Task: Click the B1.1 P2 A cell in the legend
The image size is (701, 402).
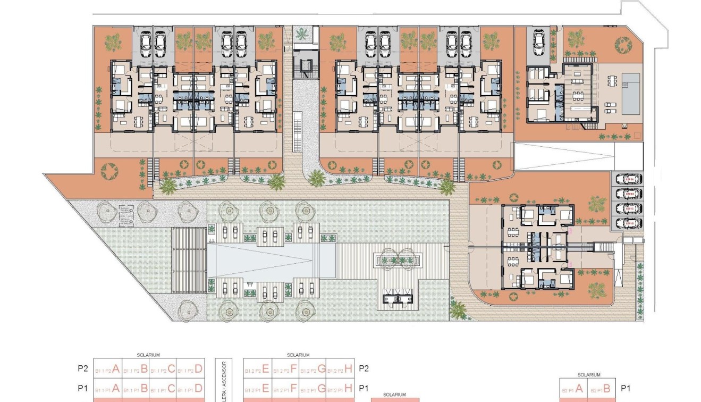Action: click(x=107, y=368)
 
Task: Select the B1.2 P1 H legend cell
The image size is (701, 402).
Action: click(x=340, y=388)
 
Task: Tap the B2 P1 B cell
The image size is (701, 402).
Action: click(x=602, y=388)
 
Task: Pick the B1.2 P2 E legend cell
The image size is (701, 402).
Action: click(x=257, y=368)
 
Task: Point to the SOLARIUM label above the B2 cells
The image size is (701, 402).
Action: click(x=588, y=375)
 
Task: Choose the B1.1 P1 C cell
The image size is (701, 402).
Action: click(x=163, y=388)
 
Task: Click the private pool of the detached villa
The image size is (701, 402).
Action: click(x=631, y=93)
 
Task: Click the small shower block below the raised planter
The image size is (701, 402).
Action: click(x=398, y=300)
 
